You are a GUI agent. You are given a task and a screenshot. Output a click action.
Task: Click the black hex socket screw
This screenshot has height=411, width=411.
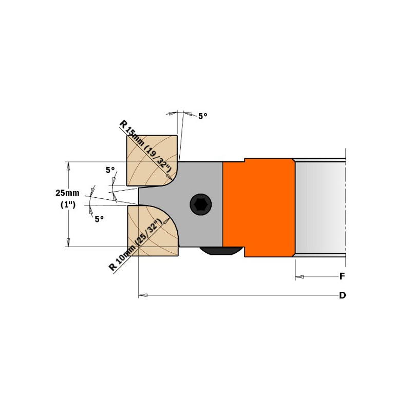201,204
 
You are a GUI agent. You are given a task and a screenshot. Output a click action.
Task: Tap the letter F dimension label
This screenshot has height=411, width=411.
342,276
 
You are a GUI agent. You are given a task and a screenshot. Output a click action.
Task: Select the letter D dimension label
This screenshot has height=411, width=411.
342,295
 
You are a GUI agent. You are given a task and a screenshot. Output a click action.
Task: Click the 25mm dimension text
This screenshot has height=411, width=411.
67,193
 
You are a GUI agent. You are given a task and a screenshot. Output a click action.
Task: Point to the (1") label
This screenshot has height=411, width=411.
68,204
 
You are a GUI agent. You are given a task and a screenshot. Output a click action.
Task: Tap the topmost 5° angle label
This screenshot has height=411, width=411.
202,116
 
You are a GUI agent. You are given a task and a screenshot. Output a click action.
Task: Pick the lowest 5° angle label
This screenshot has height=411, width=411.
99,219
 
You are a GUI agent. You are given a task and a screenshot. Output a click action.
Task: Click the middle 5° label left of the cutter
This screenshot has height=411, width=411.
110,170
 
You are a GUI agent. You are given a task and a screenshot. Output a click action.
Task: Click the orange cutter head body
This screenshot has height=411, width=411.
259,208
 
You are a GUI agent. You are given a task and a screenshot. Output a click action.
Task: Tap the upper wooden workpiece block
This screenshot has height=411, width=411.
152,160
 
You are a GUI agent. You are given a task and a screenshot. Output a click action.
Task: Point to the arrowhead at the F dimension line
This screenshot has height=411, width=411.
300,276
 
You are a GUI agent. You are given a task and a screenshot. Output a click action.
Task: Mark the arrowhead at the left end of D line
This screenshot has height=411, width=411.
143,295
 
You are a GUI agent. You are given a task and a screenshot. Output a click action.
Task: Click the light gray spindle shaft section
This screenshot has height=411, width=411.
320,208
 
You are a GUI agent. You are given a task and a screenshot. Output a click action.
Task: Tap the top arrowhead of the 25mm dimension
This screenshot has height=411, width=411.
68,166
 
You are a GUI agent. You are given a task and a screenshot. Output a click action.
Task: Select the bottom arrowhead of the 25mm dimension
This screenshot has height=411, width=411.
68,242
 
